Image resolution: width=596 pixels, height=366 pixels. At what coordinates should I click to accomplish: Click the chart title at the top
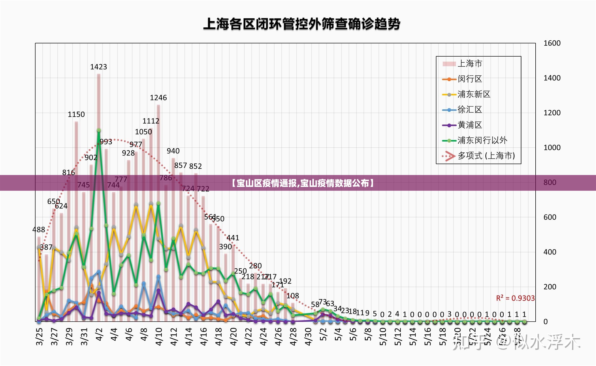302,24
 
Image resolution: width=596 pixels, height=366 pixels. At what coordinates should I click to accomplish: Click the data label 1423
99,67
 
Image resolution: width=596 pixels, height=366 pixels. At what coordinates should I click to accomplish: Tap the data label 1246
158,98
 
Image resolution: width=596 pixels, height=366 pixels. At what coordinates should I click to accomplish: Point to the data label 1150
76,114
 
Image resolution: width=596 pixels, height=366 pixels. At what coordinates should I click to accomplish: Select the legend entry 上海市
470,64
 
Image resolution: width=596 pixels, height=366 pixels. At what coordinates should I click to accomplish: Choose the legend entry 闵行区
470,79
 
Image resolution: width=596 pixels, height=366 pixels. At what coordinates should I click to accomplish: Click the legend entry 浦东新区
474,94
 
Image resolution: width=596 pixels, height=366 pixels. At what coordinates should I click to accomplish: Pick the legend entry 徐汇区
470,110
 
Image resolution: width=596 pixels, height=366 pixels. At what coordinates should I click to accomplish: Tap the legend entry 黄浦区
470,125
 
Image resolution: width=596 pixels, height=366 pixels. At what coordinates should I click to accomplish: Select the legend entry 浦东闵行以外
482,141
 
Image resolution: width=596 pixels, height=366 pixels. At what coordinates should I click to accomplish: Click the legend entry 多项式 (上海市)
486,156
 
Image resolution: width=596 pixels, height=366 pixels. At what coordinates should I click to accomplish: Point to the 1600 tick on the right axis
552,43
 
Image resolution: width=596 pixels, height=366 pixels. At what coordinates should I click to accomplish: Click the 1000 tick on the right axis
552,148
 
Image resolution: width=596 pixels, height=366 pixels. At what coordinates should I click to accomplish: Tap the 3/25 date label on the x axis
40,337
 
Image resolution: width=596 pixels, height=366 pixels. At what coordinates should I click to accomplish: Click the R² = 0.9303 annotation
515,298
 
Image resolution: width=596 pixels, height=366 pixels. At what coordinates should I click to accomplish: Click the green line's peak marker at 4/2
99,130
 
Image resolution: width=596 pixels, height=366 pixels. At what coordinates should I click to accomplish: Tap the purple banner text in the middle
302,183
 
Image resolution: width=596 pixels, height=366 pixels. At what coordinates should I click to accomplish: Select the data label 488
39,230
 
